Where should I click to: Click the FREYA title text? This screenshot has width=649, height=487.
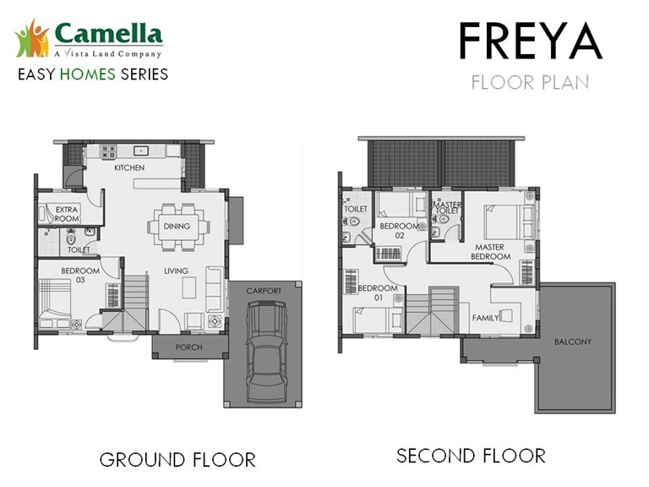point(530,41)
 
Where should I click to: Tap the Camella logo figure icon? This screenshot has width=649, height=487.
point(32,39)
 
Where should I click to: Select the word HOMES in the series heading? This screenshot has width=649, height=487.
point(87,74)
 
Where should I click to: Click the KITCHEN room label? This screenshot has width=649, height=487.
point(129,167)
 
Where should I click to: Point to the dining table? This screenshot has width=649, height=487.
point(178,227)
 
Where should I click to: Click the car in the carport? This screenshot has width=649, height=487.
point(267,352)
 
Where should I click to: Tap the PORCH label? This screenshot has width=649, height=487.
point(189,347)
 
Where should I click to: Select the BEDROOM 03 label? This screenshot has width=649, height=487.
point(80,276)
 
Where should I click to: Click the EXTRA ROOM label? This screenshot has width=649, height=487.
point(67,214)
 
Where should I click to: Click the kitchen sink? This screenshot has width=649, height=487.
point(141,150)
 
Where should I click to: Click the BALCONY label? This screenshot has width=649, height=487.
point(573,342)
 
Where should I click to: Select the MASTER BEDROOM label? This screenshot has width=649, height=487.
point(490,252)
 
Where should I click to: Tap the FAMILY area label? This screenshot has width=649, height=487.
point(486,318)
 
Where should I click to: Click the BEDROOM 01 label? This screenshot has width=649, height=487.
point(378,293)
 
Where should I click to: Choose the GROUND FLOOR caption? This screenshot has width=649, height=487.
point(177,460)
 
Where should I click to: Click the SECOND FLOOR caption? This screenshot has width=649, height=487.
point(471,456)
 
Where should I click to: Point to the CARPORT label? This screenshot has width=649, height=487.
point(264,291)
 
